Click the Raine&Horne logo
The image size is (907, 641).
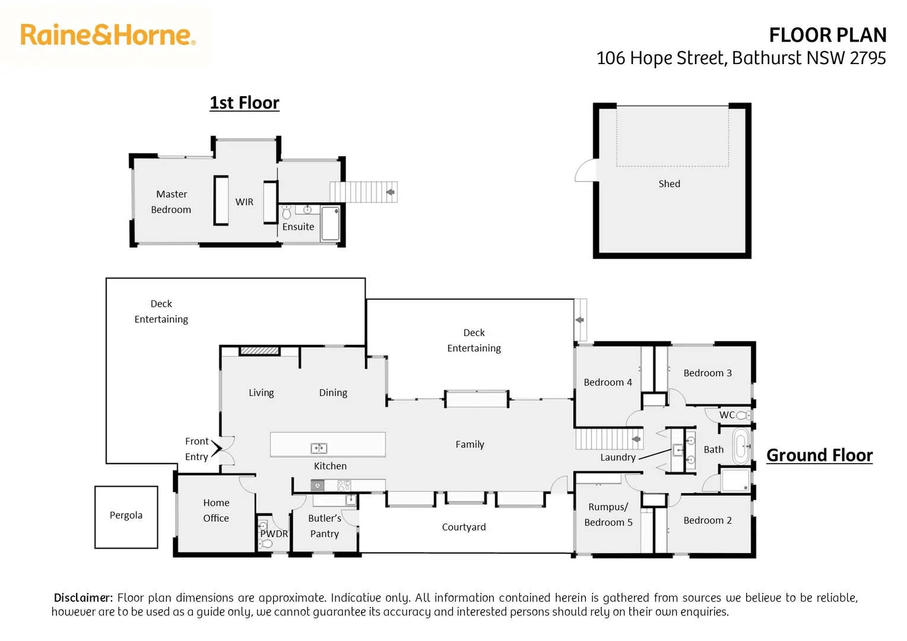pyautogui.click(x=108, y=35)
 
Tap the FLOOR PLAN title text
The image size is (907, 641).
pyautogui.click(x=827, y=35)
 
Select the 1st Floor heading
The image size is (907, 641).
pyautogui.click(x=245, y=103)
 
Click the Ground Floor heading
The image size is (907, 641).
pyautogui.click(x=820, y=455)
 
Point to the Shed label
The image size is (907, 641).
pyautogui.click(x=670, y=184)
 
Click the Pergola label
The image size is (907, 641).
pyautogui.click(x=126, y=516)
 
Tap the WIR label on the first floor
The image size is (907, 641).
pyautogui.click(x=244, y=202)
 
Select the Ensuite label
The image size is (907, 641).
pyautogui.click(x=298, y=227)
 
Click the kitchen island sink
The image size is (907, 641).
pyautogui.click(x=319, y=448)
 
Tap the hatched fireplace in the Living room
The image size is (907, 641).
pyautogui.click(x=259, y=351)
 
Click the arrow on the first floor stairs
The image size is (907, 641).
pyautogui.click(x=391, y=192)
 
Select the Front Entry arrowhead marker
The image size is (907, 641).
pyautogui.click(x=217, y=448)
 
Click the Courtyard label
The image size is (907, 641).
pyautogui.click(x=464, y=527)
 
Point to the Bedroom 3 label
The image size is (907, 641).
pyautogui.click(x=708, y=373)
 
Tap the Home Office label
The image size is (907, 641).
pyautogui.click(x=216, y=510)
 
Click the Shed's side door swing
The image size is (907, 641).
pyautogui.click(x=585, y=170)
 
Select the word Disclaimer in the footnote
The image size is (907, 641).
pyautogui.click(x=84, y=598)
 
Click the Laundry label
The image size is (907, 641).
pyautogui.click(x=618, y=458)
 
